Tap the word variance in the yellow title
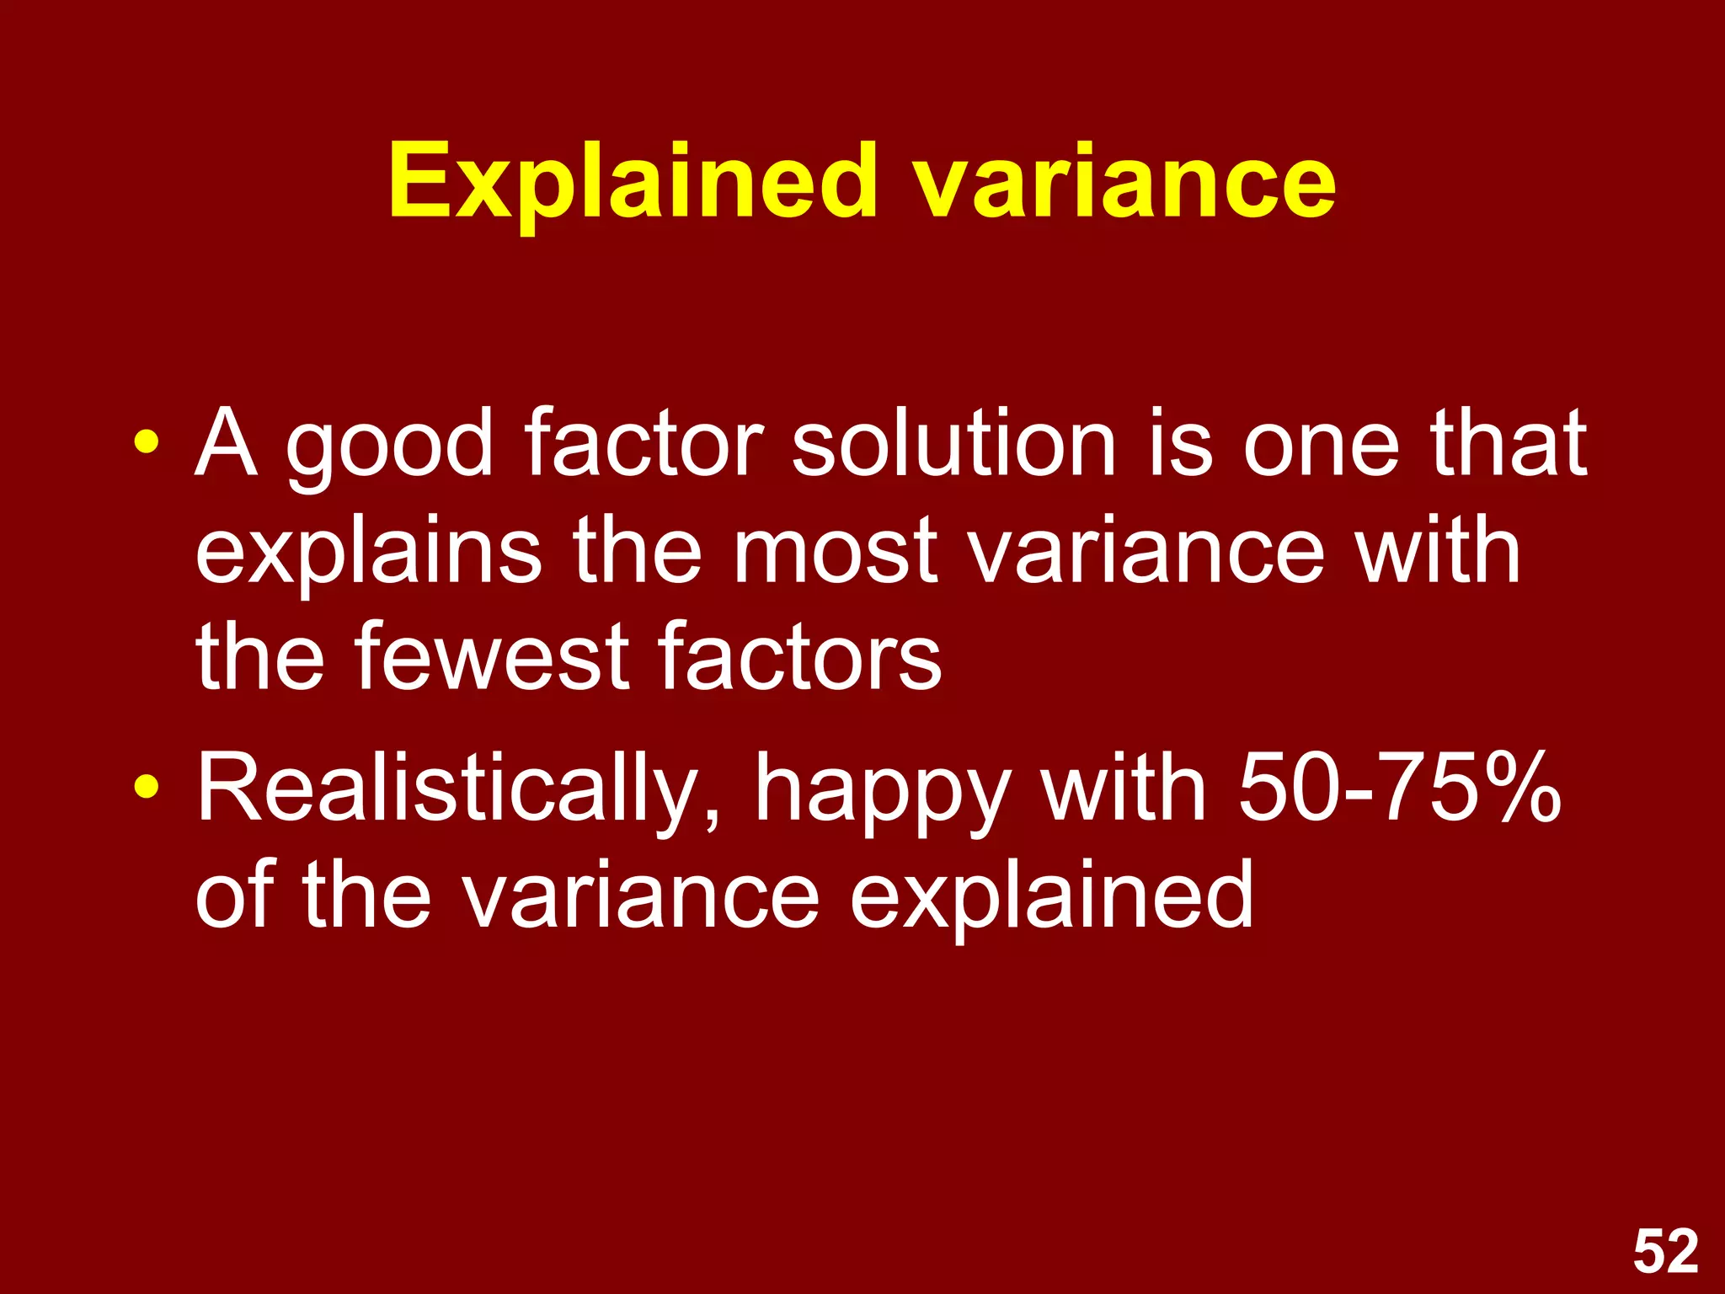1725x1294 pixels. [x=1125, y=181]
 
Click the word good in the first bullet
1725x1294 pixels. [x=389, y=446]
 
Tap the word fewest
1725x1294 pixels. [x=489, y=656]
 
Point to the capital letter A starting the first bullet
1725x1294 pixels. [x=226, y=443]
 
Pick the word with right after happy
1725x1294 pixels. [x=1124, y=787]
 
